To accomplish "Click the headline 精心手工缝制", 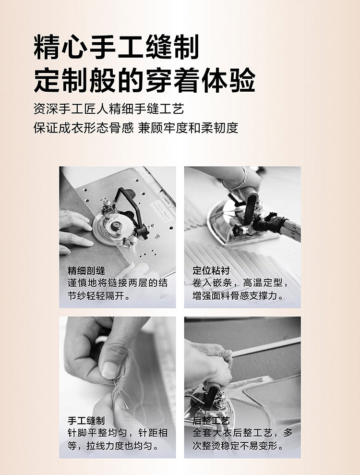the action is pyautogui.click(x=116, y=47).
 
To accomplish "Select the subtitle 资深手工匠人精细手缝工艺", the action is pyautogui.click(x=108, y=109).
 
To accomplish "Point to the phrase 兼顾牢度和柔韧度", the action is pyautogui.click(x=188, y=128).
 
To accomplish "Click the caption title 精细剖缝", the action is pyautogui.click(x=86, y=270).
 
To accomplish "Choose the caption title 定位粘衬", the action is pyautogui.click(x=211, y=270).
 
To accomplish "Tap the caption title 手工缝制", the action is pyautogui.click(x=86, y=420).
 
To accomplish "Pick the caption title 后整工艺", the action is pyautogui.click(x=211, y=420).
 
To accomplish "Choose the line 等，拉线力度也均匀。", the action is pyautogui.click(x=114, y=446).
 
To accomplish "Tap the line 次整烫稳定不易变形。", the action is pyautogui.click(x=238, y=446).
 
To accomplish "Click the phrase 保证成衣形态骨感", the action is pyautogui.click(x=84, y=128).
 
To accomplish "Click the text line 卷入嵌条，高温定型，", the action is pyautogui.click(x=241, y=283).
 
